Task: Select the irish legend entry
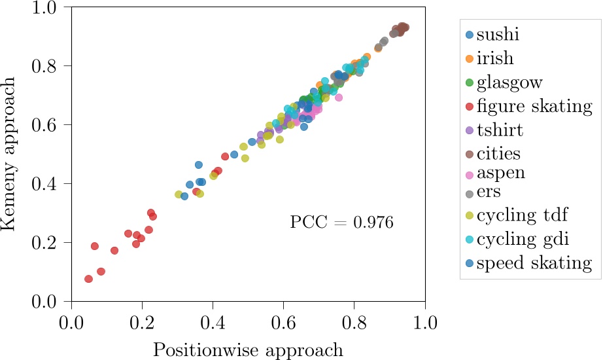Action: point(504,58)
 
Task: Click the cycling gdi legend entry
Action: point(522,239)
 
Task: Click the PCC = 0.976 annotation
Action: point(341,223)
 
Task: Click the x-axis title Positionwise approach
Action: point(248,350)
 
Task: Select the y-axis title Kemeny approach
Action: point(10,154)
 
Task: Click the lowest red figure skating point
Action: point(89,279)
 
